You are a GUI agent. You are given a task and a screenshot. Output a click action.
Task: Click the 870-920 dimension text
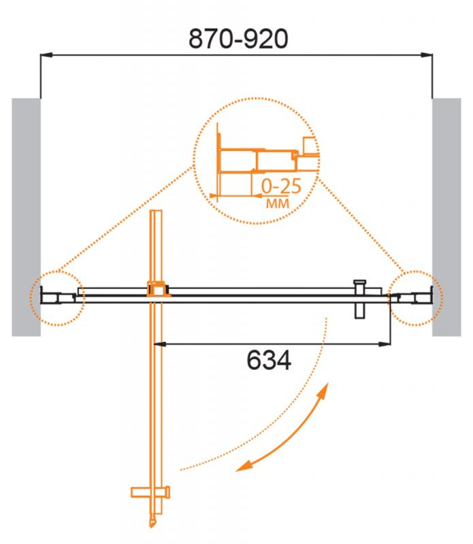[x=238, y=39]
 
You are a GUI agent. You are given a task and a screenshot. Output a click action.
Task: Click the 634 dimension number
[x=269, y=360]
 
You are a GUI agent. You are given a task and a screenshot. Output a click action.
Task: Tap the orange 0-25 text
[x=281, y=186]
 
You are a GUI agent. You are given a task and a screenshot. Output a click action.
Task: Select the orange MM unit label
[x=277, y=203]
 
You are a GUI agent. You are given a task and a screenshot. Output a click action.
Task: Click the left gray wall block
[x=26, y=217]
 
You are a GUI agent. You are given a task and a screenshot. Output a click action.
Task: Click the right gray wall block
[x=446, y=217]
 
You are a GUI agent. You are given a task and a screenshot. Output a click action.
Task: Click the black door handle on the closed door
[x=360, y=299]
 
